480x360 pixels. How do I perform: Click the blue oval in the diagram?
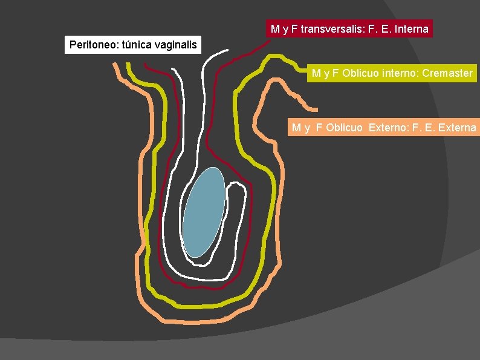pyautogui.click(x=204, y=212)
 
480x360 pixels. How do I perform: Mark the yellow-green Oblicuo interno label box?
pyautogui.click(x=392, y=73)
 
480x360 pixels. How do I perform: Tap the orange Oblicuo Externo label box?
pyautogui.click(x=383, y=127)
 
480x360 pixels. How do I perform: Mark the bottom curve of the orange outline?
pyautogui.click(x=199, y=319)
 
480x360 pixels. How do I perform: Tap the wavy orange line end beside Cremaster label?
pyautogui.click(x=311, y=108)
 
